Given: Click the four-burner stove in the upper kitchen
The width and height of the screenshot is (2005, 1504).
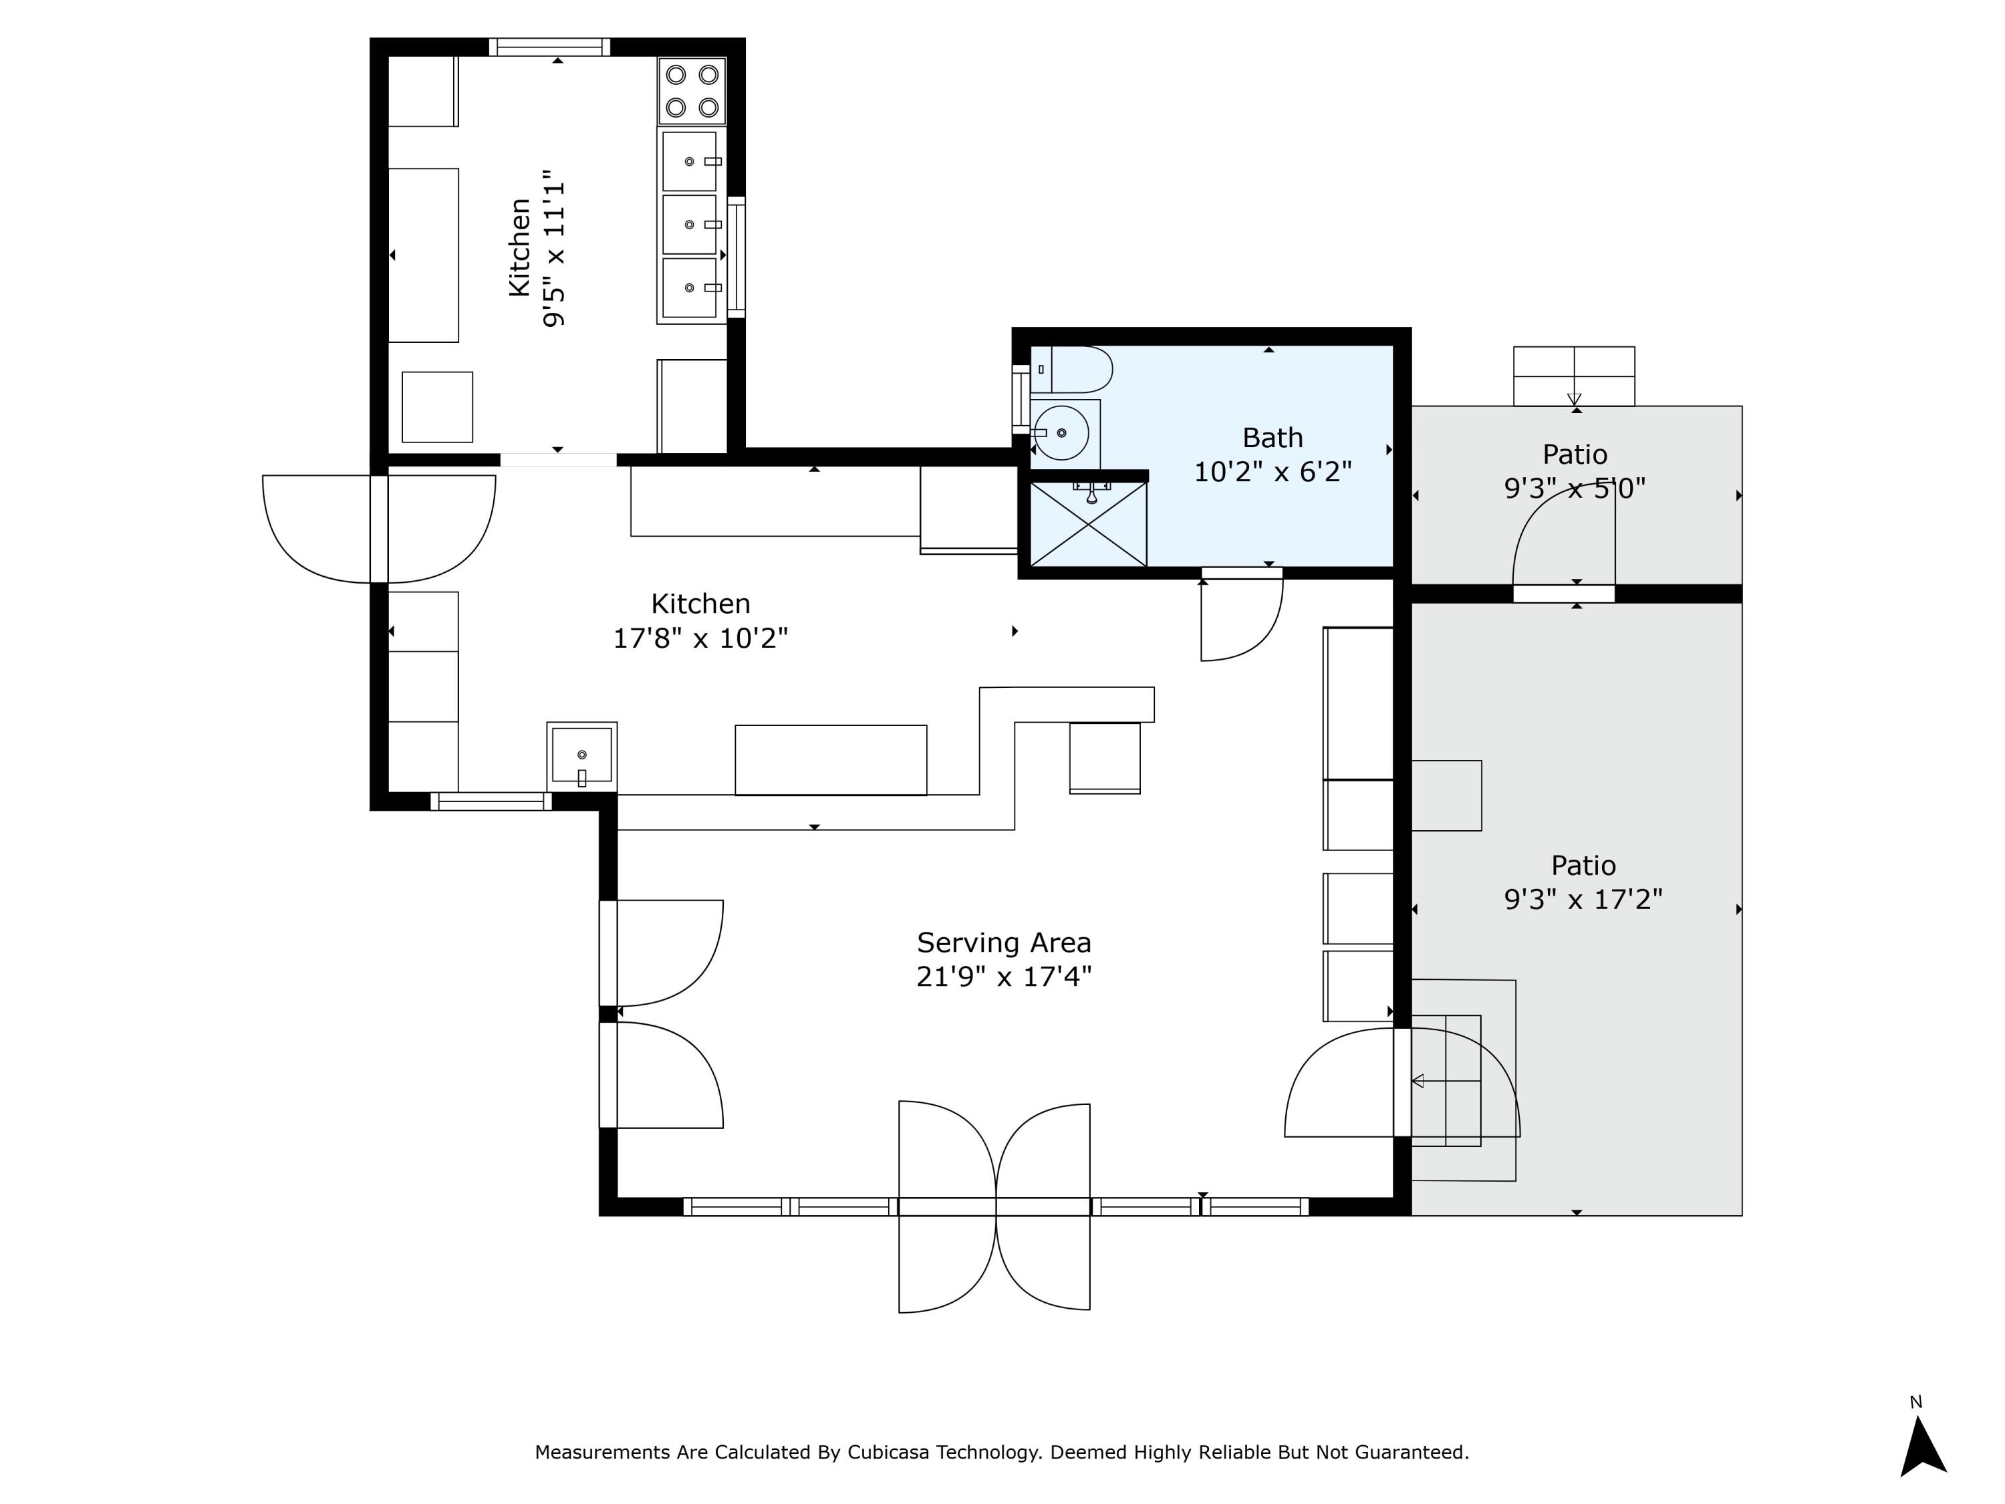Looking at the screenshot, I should [692, 91].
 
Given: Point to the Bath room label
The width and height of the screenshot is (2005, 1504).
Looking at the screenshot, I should [1272, 438].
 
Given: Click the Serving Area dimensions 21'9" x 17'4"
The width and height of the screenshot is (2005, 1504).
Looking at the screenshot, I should [1003, 977].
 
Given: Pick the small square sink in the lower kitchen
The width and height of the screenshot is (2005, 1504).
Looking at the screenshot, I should [581, 755].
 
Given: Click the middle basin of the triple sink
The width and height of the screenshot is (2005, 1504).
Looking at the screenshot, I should [690, 225].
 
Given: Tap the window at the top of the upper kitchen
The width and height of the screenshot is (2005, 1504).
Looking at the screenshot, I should [549, 47].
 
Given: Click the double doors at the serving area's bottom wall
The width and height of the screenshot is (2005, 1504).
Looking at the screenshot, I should [994, 1206].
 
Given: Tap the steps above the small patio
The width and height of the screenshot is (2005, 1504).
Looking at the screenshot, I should [1573, 376].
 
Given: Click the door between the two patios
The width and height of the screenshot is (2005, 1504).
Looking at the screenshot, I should [1564, 593].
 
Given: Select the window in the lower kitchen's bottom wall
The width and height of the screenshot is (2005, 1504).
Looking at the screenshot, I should [491, 801].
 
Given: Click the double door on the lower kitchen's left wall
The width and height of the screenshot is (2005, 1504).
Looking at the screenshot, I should [379, 529].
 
